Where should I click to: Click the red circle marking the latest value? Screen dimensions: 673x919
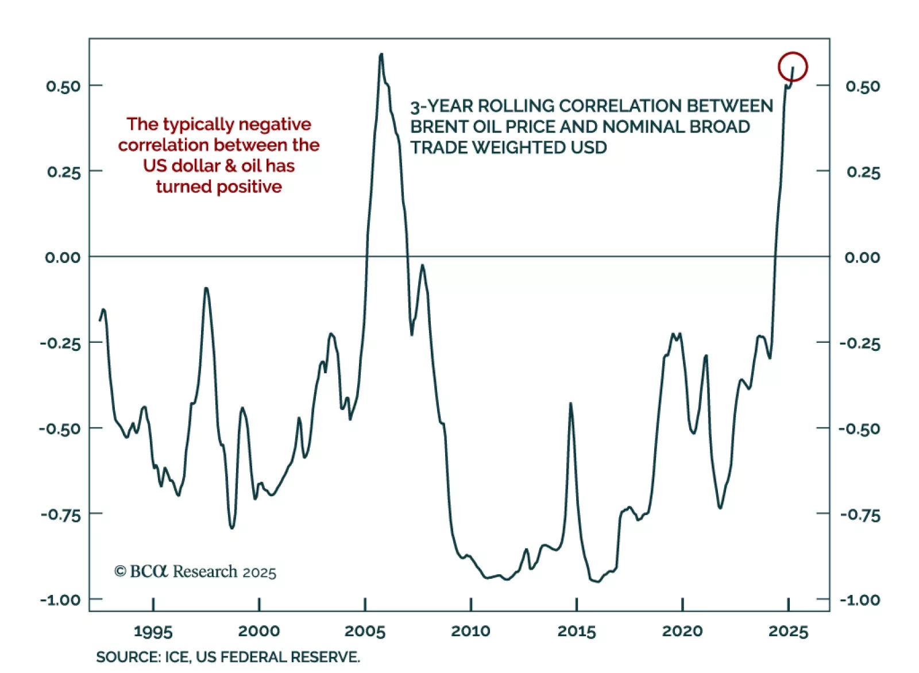(793, 67)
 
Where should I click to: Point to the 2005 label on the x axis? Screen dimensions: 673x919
(365, 631)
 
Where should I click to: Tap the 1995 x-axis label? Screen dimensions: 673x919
(153, 631)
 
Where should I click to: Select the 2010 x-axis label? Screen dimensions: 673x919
(470, 631)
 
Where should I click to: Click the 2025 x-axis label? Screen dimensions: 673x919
(788, 631)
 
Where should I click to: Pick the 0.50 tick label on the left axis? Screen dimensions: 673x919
(63, 86)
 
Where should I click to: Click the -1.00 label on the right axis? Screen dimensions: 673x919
(860, 600)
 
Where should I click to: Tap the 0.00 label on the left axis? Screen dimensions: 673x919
(63, 257)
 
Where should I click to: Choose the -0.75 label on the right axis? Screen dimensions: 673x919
(860, 515)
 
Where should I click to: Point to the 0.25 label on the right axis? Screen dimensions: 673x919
(863, 172)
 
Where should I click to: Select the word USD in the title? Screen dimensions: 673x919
(589, 148)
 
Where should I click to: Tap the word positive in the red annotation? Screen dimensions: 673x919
(248, 187)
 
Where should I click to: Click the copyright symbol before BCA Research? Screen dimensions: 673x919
(119, 571)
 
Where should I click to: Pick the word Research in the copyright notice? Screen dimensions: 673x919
(204, 571)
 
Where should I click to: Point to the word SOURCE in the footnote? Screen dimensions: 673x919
(128, 657)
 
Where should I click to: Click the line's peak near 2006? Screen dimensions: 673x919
(381, 55)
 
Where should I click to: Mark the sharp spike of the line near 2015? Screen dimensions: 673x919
(570, 404)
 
